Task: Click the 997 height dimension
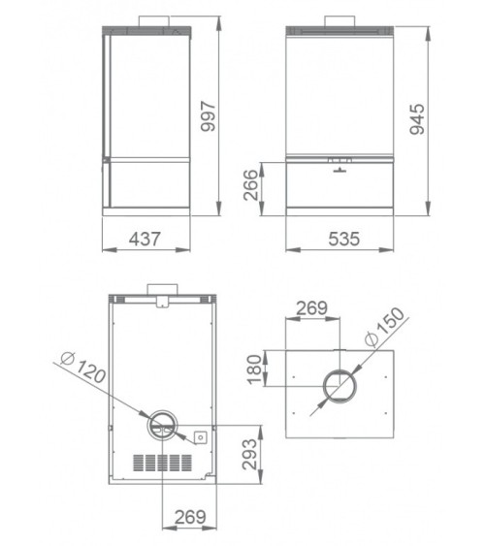click(x=209, y=116)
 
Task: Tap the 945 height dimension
click(x=417, y=119)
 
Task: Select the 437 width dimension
click(x=145, y=239)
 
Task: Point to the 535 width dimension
click(x=344, y=239)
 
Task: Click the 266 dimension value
click(x=251, y=185)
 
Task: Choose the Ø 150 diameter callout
click(x=384, y=327)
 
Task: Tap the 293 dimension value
click(x=250, y=454)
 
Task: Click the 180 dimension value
click(x=254, y=369)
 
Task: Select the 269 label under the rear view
click(x=190, y=517)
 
